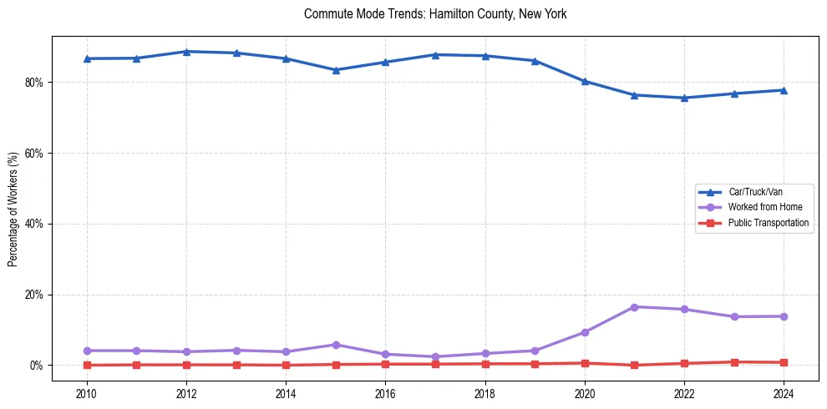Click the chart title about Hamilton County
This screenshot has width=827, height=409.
click(x=435, y=14)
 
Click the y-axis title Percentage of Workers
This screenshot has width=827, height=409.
click(x=13, y=209)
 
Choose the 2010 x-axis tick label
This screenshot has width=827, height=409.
click(x=86, y=393)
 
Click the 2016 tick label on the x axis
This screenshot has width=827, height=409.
click(x=385, y=393)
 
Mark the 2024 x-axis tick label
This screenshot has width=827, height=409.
click(x=784, y=393)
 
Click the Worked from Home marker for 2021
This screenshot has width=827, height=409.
click(x=634, y=307)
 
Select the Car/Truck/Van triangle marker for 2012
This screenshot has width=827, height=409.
click(x=186, y=52)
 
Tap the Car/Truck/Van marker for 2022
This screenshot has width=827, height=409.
click(x=684, y=98)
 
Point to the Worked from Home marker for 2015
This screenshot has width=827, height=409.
click(x=336, y=345)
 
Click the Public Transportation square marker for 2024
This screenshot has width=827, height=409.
click(x=784, y=362)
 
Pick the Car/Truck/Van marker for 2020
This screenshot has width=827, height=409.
click(x=585, y=81)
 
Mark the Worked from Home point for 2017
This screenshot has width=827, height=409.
click(x=435, y=356)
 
